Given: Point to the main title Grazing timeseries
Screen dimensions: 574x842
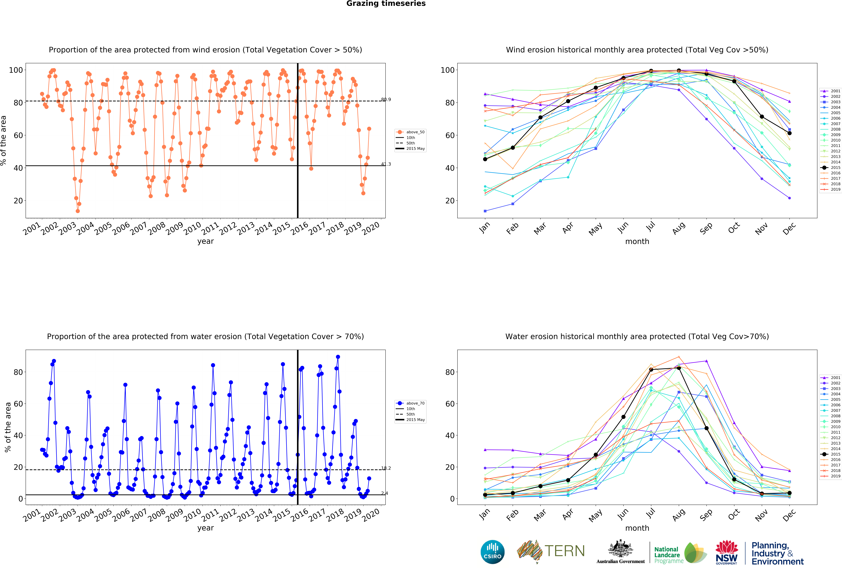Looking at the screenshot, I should (386, 4).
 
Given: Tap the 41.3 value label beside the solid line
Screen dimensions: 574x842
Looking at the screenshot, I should (386, 164).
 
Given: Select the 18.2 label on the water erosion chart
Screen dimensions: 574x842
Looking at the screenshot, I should (386, 468).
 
